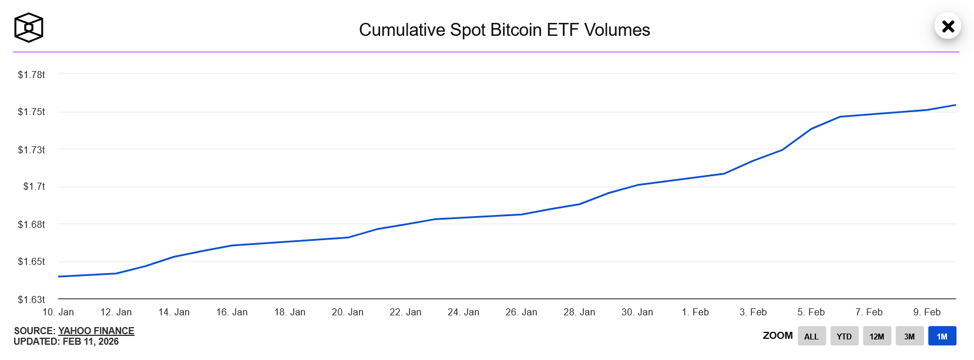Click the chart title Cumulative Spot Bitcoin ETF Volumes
click(x=504, y=30)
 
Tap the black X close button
click(x=948, y=26)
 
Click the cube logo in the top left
click(x=28, y=28)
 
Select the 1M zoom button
click(x=942, y=336)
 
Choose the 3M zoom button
click(x=909, y=336)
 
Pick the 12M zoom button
click(x=876, y=336)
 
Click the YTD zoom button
click(x=844, y=336)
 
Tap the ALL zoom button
click(x=811, y=336)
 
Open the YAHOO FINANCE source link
click(x=96, y=331)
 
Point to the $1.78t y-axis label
click(x=31, y=75)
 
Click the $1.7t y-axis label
click(x=34, y=186)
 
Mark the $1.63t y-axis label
click(x=31, y=300)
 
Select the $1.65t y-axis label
click(x=31, y=261)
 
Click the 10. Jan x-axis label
click(x=58, y=312)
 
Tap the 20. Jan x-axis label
click(x=348, y=312)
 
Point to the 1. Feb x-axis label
click(x=695, y=312)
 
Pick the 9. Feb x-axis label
click(x=926, y=312)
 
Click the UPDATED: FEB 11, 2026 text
click(x=66, y=341)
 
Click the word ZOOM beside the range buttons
click(x=777, y=335)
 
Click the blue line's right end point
click(x=955, y=105)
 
